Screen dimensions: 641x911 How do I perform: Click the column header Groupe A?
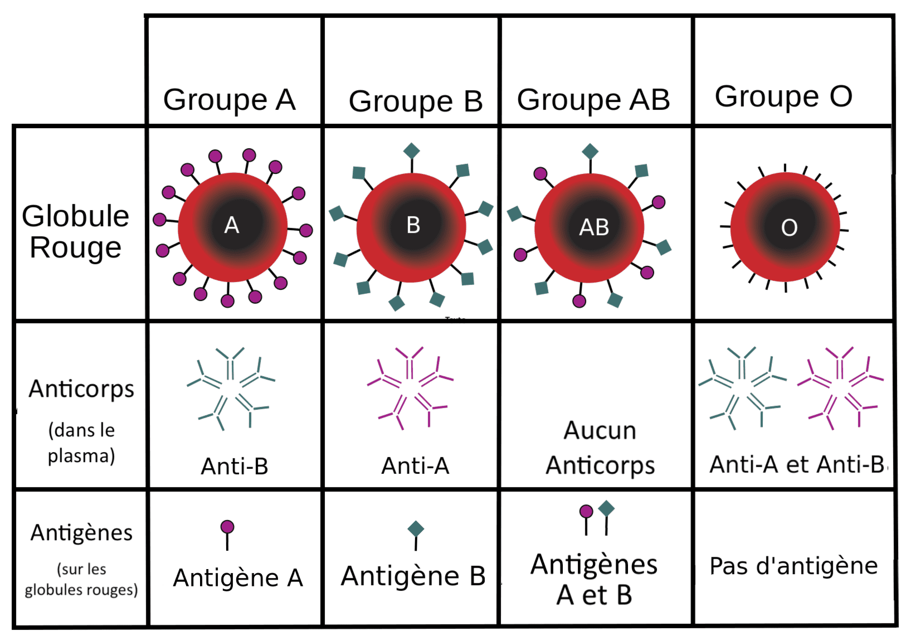tap(229, 100)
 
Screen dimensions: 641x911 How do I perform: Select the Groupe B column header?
tap(415, 101)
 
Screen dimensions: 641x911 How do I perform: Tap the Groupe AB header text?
tap(593, 100)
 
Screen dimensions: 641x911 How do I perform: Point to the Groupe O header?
tap(783, 96)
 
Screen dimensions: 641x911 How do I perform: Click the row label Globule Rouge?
tap(75, 231)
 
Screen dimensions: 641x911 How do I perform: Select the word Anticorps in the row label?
tap(81, 389)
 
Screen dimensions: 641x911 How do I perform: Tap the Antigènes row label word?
tap(81, 533)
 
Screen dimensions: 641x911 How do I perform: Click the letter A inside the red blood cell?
tap(232, 226)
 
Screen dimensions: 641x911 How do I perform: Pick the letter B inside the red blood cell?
tap(413, 225)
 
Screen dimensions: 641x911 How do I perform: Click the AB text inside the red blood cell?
tap(594, 227)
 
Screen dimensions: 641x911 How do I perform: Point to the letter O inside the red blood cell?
tap(789, 227)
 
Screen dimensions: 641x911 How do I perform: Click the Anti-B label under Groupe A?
tap(235, 466)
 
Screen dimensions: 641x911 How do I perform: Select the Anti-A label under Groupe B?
tap(415, 465)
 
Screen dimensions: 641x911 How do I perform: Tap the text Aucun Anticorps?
tap(600, 448)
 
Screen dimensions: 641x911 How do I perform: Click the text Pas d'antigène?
tap(793, 566)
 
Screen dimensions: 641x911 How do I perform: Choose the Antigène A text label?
tap(238, 577)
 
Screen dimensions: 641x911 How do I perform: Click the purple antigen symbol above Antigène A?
tap(227, 527)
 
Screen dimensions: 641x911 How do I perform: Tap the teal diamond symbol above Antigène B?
tap(416, 528)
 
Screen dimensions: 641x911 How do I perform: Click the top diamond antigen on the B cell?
tap(411, 151)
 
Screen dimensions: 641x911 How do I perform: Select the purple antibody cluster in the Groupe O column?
tap(840, 387)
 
